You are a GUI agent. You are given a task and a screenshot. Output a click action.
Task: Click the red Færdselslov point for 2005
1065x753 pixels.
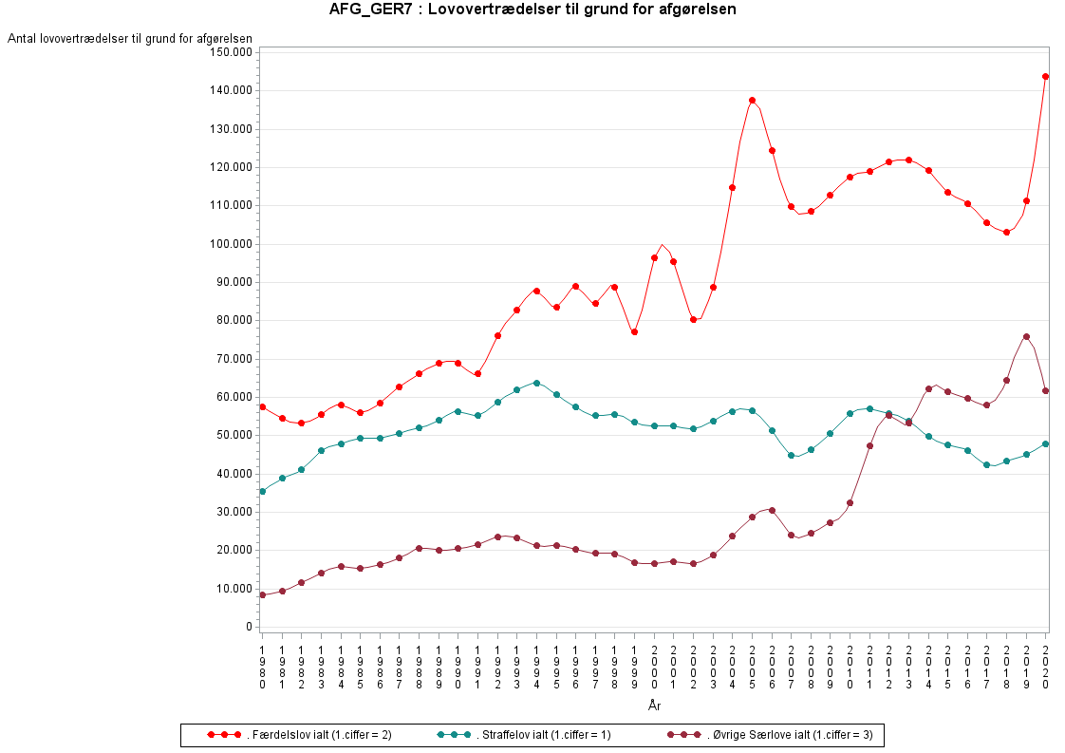[752, 100]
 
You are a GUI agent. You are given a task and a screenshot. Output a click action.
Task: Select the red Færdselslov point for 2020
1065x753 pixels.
[1045, 76]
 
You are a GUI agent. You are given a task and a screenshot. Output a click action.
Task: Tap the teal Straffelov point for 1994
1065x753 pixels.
[536, 383]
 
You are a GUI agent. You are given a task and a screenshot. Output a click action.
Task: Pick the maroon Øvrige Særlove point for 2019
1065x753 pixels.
[1026, 336]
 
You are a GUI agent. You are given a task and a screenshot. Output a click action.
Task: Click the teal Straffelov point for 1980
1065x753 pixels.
[262, 491]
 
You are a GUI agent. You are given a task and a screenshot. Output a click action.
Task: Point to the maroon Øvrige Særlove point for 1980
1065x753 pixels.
[262, 594]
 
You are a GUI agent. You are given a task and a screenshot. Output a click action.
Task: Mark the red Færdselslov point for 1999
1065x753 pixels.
[634, 331]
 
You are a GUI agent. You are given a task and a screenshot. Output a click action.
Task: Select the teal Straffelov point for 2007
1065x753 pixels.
[791, 455]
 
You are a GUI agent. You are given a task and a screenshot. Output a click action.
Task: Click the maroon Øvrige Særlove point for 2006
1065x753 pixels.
[772, 510]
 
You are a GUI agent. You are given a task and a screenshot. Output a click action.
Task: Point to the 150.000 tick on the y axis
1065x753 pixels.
[231, 51]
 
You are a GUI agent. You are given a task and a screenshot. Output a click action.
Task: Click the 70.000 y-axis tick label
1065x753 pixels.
[234, 359]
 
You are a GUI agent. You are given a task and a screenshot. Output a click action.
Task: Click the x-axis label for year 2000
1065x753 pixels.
[654, 666]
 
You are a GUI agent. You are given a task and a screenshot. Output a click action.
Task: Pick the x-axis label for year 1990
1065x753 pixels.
[458, 666]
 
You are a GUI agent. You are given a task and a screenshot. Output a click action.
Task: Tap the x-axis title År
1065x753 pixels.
[654, 706]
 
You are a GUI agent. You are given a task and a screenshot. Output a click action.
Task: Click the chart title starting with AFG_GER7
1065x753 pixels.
[532, 9]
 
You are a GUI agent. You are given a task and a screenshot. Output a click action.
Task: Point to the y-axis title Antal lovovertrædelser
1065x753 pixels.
[130, 38]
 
